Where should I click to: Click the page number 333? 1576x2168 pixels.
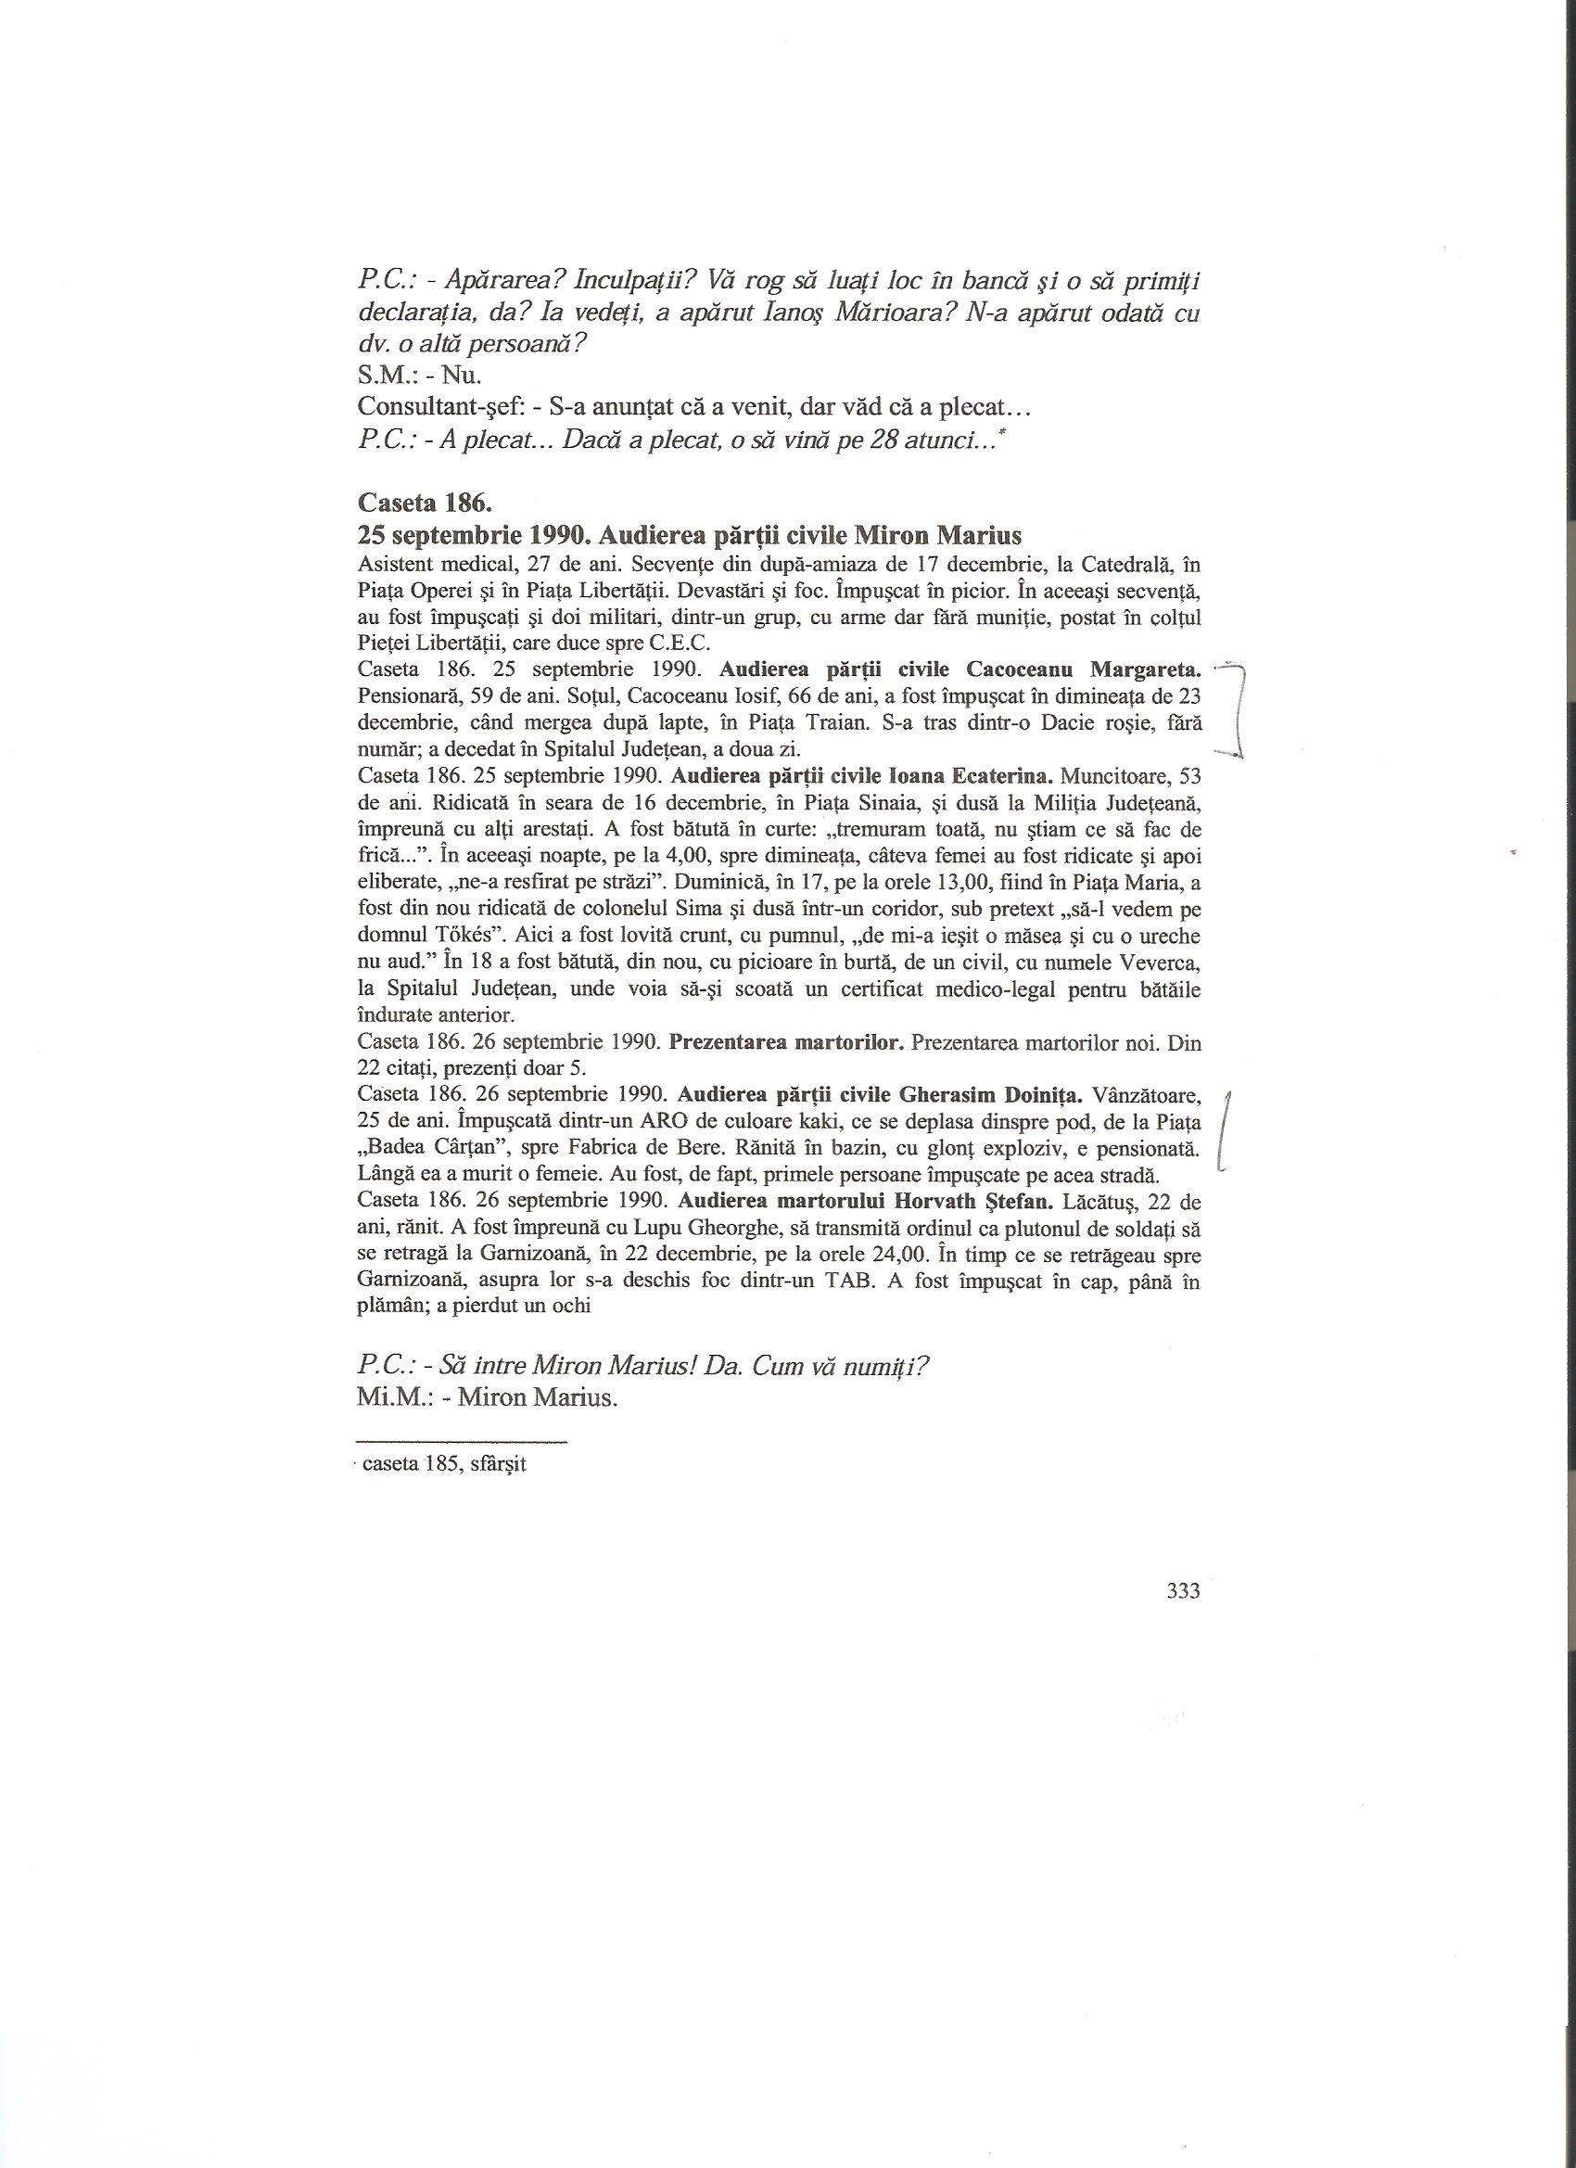tap(1183, 1591)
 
